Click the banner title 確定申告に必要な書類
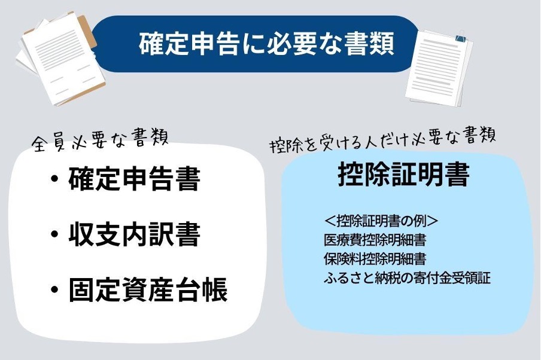(x=266, y=44)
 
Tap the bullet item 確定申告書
(x=135, y=179)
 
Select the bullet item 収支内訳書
(x=135, y=234)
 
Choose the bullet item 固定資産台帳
(x=148, y=289)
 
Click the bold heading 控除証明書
(x=404, y=174)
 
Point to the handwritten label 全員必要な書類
(x=100, y=140)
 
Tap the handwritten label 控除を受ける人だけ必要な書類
(x=383, y=140)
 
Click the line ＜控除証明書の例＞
(x=381, y=221)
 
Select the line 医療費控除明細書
(x=375, y=240)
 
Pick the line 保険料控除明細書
(x=375, y=258)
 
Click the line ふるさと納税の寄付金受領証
(x=407, y=277)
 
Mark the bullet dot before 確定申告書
(x=54, y=179)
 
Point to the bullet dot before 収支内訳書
(x=54, y=234)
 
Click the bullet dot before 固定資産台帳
(x=54, y=289)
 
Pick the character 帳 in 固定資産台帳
(x=215, y=289)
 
